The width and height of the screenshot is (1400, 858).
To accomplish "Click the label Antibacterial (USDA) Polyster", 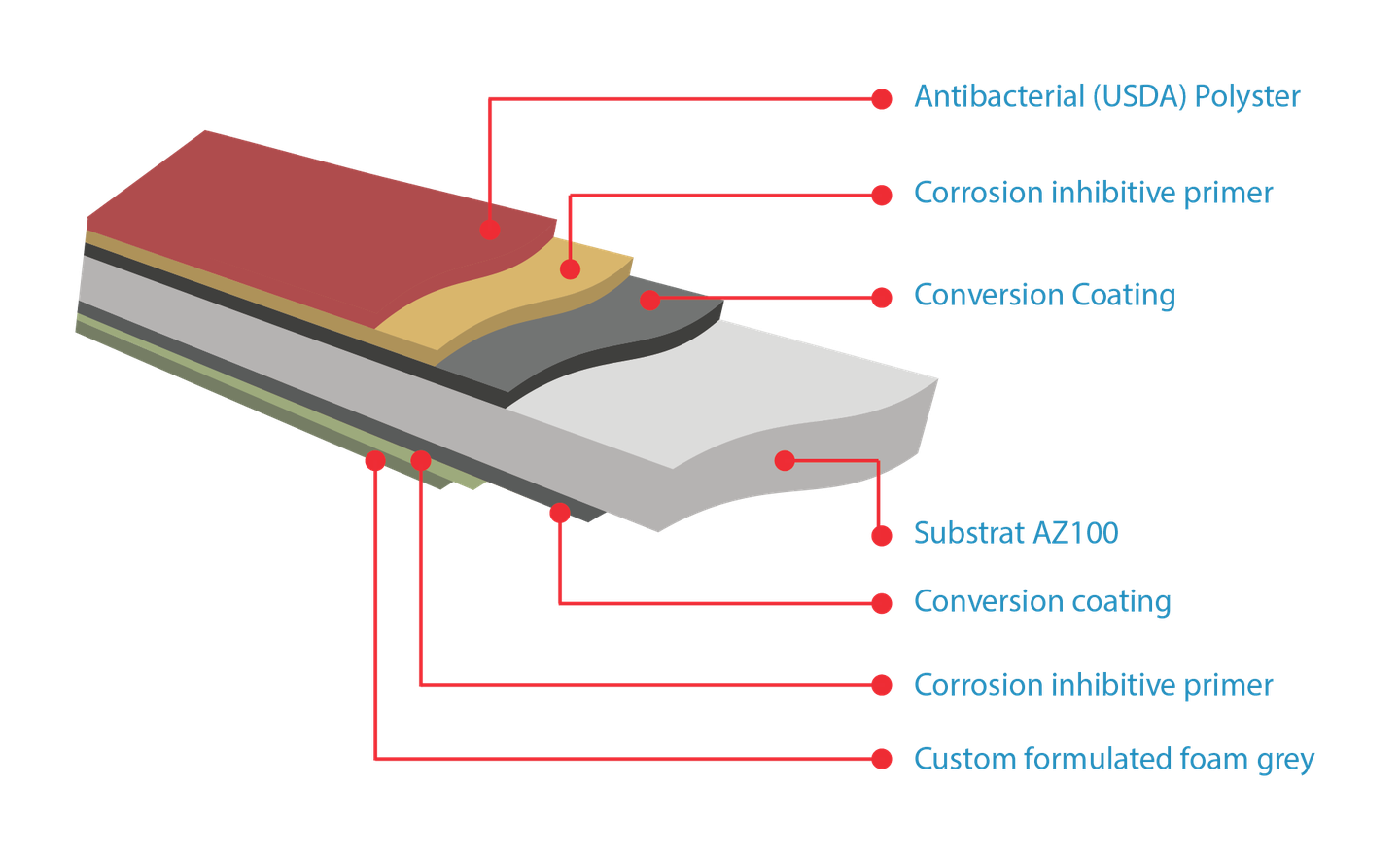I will (x=1105, y=96).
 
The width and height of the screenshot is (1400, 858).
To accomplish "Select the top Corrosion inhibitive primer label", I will (x=1092, y=193).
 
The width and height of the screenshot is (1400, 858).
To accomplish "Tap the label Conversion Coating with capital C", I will (x=1043, y=294).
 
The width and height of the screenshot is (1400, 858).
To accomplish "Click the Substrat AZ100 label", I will (x=1015, y=533).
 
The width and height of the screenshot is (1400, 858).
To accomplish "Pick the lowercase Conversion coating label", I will (x=1041, y=601).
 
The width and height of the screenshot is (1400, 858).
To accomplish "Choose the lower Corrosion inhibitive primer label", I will (x=1092, y=685).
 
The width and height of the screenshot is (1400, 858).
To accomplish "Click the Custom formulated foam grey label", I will (x=1113, y=759).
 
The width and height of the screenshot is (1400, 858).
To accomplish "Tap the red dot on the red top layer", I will (x=490, y=230).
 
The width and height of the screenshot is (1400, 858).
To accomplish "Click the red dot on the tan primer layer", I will (x=570, y=269).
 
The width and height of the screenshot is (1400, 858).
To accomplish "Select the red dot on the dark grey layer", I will (x=650, y=300).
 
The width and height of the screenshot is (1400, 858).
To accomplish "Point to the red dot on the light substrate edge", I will (x=785, y=460).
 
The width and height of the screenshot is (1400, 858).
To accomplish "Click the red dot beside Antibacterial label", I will (x=882, y=98).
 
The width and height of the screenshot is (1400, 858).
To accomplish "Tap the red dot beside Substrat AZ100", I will (x=882, y=535).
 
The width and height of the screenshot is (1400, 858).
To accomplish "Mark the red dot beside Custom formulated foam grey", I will (x=882, y=759).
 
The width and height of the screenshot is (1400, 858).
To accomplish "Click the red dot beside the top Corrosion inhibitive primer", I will (x=882, y=195).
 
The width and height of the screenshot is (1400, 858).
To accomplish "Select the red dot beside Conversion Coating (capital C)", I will (x=882, y=297).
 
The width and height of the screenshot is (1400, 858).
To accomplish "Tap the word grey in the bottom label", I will (x=1285, y=760).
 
